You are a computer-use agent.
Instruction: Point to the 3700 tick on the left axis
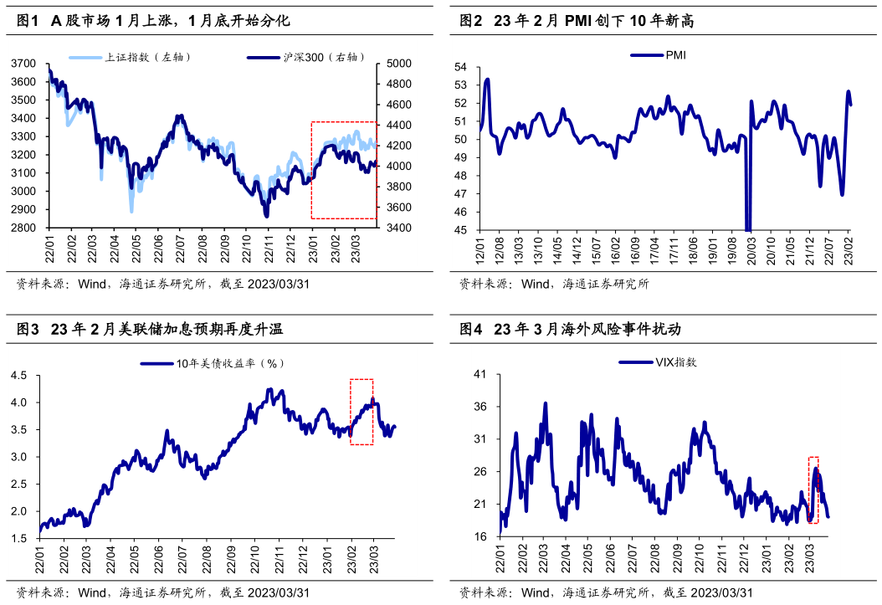click(24, 64)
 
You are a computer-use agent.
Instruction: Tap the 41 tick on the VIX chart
click(481, 375)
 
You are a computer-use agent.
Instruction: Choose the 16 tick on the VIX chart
click(481, 536)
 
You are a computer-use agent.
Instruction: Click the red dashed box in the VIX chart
click(813, 490)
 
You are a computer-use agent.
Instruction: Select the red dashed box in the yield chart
click(362, 411)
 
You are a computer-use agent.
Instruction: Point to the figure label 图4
click(471, 330)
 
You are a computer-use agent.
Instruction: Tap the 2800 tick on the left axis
click(24, 228)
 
